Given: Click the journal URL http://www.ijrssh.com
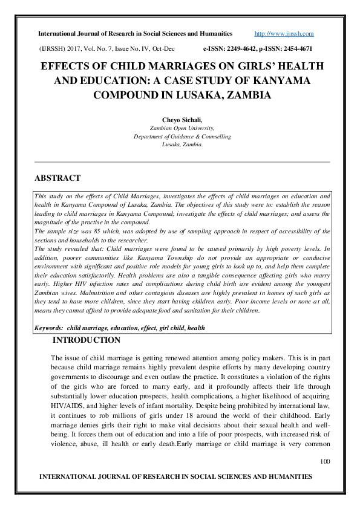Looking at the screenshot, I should [284, 34].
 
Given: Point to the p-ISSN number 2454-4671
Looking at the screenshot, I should [298, 48].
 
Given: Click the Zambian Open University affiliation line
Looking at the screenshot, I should [182, 129].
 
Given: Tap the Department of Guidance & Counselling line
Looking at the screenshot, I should [182, 137].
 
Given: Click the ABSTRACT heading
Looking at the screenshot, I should [57, 178].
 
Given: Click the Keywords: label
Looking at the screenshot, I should [49, 328].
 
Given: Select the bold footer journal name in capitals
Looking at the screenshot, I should [175, 477].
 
